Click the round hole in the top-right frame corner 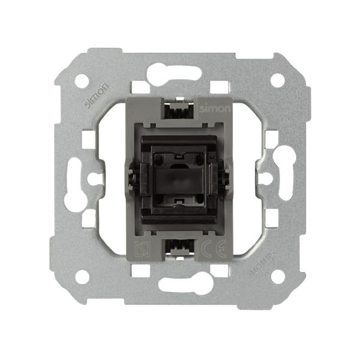277,80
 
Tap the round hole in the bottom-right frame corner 277,277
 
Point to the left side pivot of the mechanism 130,178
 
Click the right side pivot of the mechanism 227,178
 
